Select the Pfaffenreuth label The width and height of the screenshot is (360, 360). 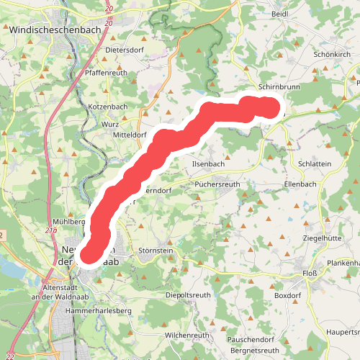(x=106, y=73)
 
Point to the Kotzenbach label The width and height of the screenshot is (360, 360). (x=107, y=107)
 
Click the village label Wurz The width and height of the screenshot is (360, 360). (x=110, y=124)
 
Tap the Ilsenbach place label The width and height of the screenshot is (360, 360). (x=208, y=163)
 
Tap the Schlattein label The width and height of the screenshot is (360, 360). (x=314, y=163)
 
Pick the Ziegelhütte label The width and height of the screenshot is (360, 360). (x=323, y=238)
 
